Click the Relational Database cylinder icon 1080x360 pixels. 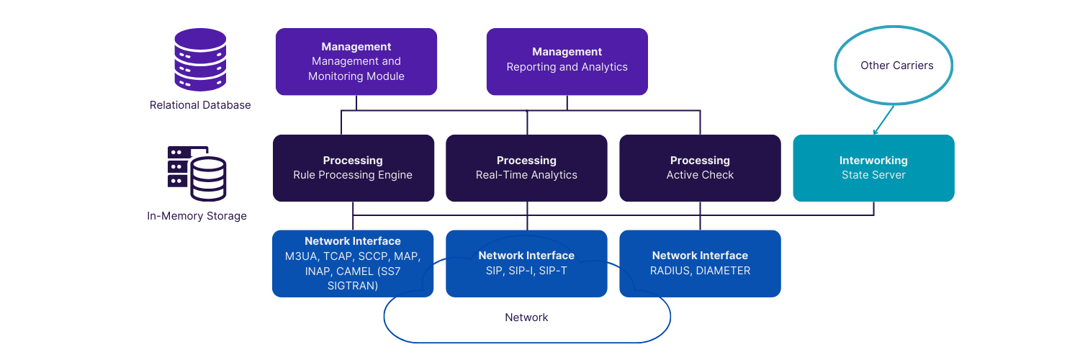pyautogui.click(x=200, y=60)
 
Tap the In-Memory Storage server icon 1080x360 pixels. pyautogui.click(x=197, y=173)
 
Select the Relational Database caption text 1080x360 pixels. pyautogui.click(x=200, y=105)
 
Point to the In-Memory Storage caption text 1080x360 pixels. pyautogui.click(x=197, y=216)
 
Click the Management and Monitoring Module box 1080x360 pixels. pyautogui.click(x=356, y=62)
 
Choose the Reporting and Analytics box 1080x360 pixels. pyautogui.click(x=567, y=62)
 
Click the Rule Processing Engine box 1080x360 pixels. pyautogui.click(x=353, y=168)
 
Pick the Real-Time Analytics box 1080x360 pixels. pyautogui.click(x=526, y=168)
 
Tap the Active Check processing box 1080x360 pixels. pyautogui.click(x=700, y=168)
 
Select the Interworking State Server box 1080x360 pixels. pyautogui.click(x=873, y=168)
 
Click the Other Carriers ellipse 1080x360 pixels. pyautogui.click(x=894, y=66)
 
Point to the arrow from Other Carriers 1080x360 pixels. pyautogui.click(x=884, y=119)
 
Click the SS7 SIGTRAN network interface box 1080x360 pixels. pyautogui.click(x=353, y=264)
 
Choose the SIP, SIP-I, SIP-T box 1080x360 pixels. pyautogui.click(x=526, y=264)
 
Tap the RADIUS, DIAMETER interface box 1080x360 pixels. pyautogui.click(x=700, y=264)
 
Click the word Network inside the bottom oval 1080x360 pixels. pyautogui.click(x=526, y=318)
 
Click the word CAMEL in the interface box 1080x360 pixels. pyautogui.click(x=355, y=271)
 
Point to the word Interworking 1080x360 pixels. pyautogui.click(x=873, y=161)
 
